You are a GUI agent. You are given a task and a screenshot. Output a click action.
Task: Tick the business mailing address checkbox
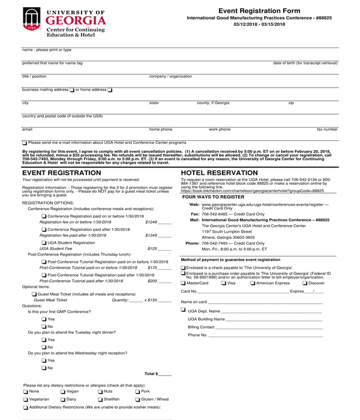pos(72,90)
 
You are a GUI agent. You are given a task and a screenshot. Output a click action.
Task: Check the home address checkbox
pos(110,90)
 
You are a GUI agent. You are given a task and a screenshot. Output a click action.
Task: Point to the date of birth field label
pos(305,62)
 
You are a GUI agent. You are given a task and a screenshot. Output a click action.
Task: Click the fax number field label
pos(327,129)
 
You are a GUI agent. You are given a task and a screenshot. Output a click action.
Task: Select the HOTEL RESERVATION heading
pos(219,172)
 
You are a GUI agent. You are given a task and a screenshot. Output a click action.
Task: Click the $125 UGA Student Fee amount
pos(152,248)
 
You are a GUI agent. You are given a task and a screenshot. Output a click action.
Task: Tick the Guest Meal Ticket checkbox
pos(34,295)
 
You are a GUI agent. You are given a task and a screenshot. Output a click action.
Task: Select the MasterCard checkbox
pos(184,283)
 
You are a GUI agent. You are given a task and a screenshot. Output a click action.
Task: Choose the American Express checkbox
pos(252,283)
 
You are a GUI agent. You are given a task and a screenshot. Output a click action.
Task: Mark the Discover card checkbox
pos(304,283)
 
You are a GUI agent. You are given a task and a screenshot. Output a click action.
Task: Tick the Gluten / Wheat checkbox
pos(137,399)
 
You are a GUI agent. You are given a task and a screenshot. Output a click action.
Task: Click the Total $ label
pos(151,374)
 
